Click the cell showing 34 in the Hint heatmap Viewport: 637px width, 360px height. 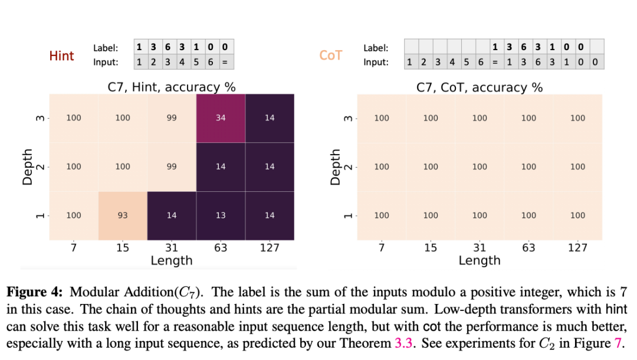coord(221,118)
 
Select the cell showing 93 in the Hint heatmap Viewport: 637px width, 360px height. coord(123,215)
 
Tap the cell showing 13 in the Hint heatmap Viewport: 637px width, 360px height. coord(221,215)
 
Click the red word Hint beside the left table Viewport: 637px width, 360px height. coord(61,55)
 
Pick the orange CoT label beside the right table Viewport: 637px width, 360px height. coord(331,55)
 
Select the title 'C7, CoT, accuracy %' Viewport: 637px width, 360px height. coord(480,87)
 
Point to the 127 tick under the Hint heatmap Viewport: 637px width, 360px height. coord(270,247)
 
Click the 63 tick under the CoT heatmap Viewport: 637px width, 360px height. coord(528,247)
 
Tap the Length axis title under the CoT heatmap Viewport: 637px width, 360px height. coord(480,260)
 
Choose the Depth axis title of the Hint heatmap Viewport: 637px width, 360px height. coord(27,167)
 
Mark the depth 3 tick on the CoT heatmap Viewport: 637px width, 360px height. coord(349,118)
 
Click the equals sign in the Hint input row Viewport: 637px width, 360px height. coord(225,62)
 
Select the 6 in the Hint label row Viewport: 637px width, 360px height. coord(168,47)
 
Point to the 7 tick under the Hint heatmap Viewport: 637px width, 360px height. coord(74,247)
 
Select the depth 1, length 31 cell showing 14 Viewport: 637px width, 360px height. coord(172,215)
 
